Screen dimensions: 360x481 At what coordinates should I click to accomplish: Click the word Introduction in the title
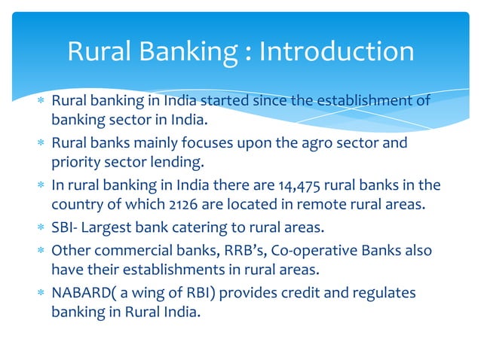click(x=336, y=52)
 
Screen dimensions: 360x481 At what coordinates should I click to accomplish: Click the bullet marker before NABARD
click(x=41, y=291)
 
